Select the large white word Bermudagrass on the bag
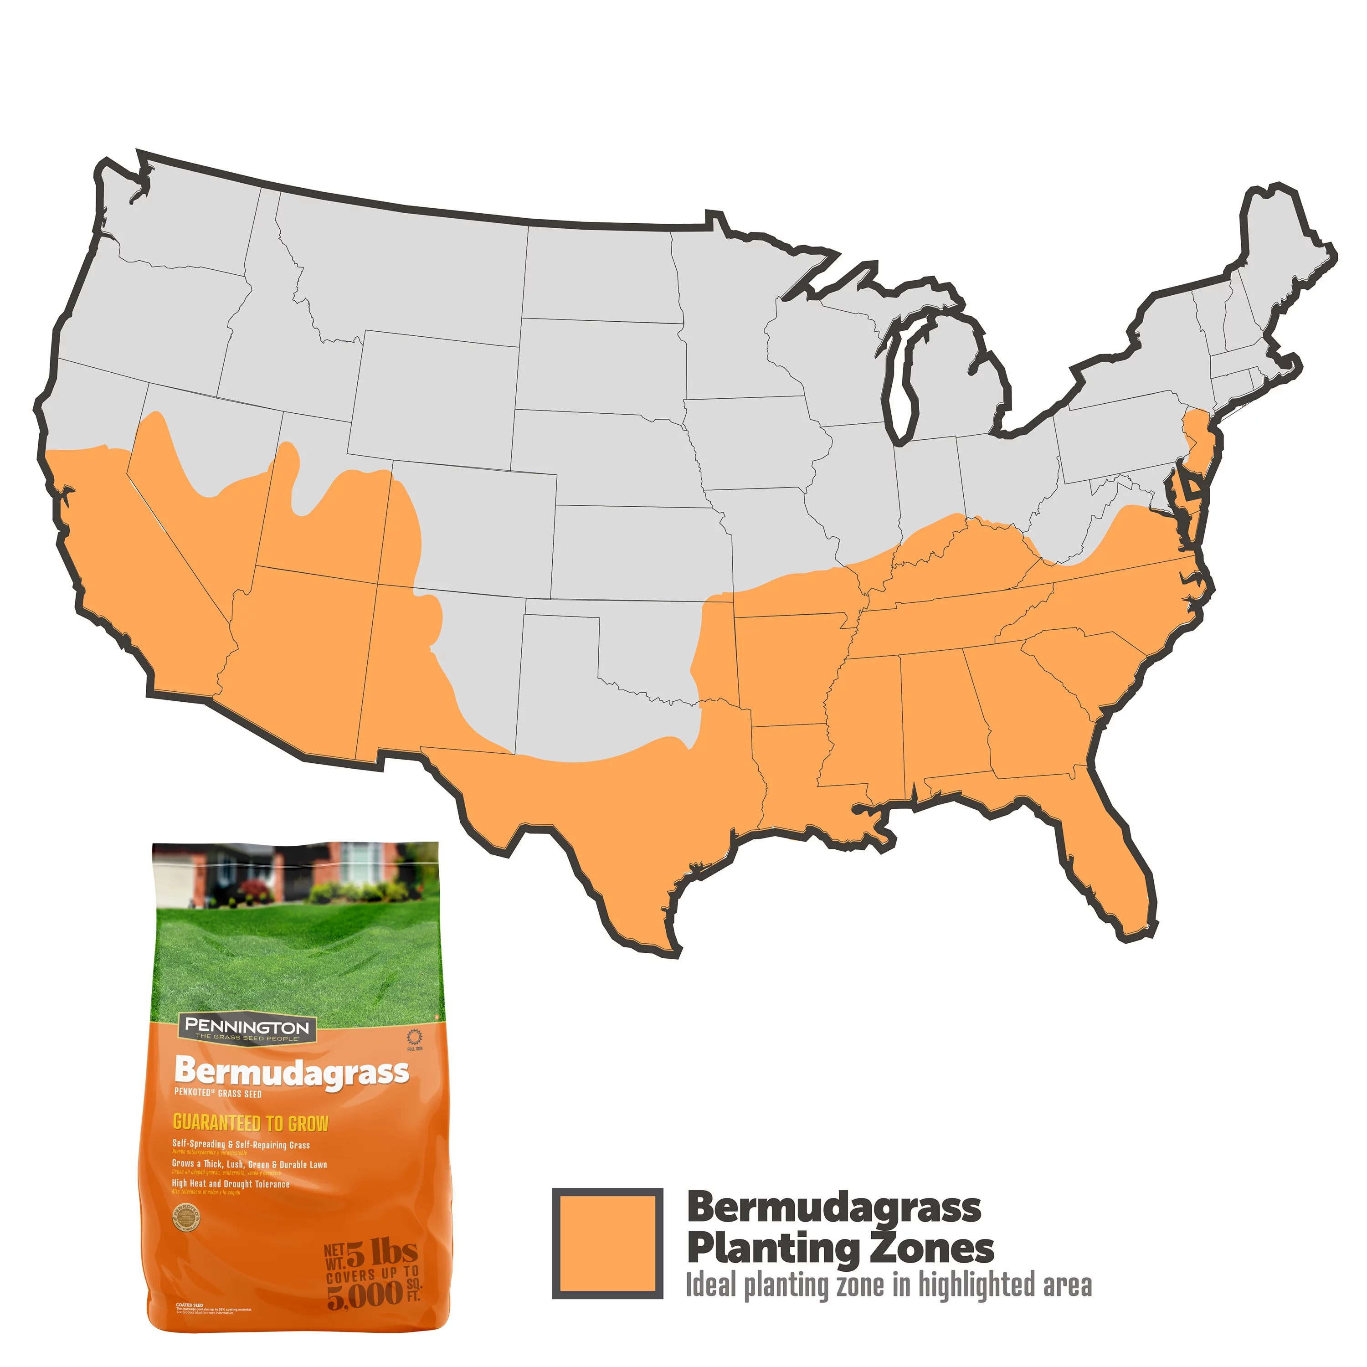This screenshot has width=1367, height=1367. [292, 1072]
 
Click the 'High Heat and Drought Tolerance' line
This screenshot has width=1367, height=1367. [231, 1184]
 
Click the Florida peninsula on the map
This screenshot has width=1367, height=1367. [1118, 870]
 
